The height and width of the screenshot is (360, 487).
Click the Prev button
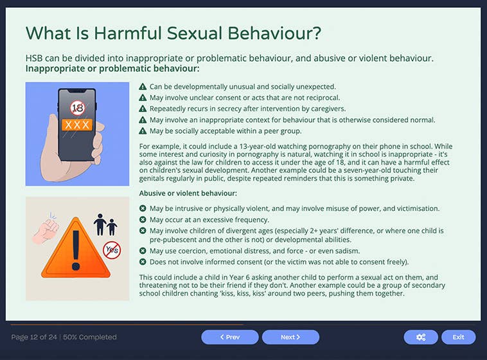tap(229, 337)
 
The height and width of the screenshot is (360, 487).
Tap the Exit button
tap(458, 337)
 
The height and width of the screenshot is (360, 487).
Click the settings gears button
tap(421, 337)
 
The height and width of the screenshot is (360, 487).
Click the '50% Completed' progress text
tap(89, 337)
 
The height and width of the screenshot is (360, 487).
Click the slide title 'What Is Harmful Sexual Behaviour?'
tap(173, 33)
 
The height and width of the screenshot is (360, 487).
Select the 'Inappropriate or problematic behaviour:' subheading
tap(112, 68)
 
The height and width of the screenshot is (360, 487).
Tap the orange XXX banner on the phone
tap(77, 125)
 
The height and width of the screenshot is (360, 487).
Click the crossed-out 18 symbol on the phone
tap(77, 108)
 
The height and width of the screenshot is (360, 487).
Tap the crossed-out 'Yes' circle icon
tap(112, 249)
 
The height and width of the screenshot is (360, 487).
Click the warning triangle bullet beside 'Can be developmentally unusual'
tap(143, 87)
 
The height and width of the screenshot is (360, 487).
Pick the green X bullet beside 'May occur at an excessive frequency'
tap(143, 219)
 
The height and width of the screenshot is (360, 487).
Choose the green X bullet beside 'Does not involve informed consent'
tap(143, 262)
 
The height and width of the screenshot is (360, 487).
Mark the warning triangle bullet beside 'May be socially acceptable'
tap(143, 130)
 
